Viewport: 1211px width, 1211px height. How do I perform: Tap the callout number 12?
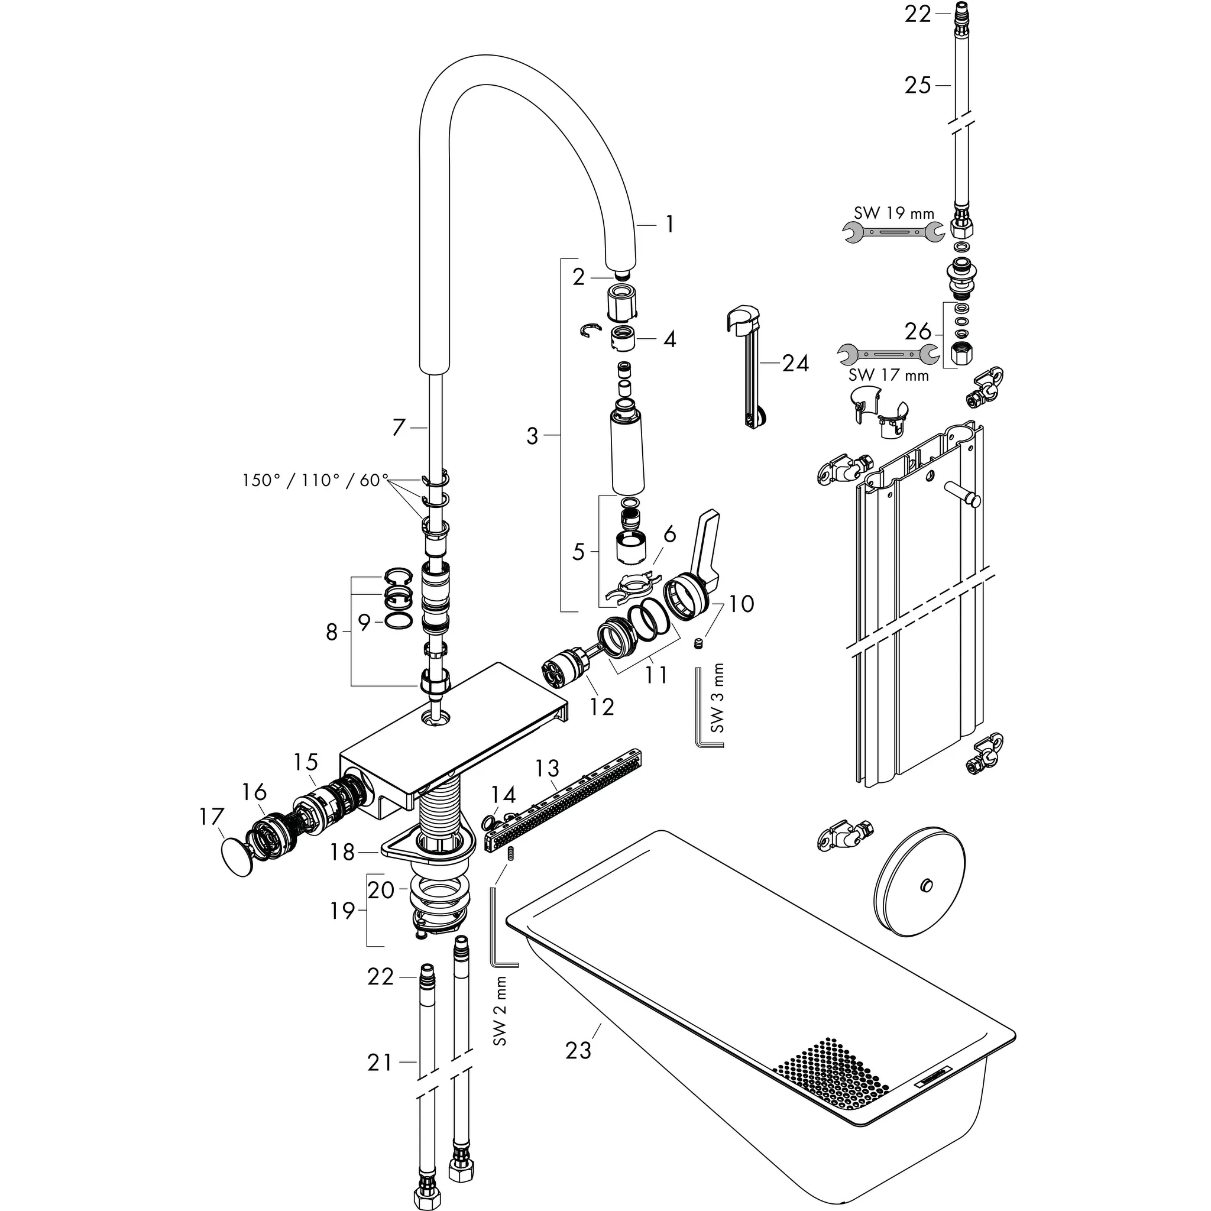pyautogui.click(x=601, y=707)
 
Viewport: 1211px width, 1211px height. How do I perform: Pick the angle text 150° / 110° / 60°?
pyautogui.click(x=315, y=480)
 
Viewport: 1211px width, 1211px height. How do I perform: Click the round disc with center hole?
pyautogui.click(x=919, y=885)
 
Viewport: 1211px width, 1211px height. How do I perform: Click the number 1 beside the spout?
pyautogui.click(x=669, y=224)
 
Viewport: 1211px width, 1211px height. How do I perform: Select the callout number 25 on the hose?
pyautogui.click(x=917, y=85)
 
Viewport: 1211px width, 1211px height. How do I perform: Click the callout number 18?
pyautogui.click(x=343, y=852)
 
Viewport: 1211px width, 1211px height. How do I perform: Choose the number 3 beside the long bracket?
pyautogui.click(x=532, y=435)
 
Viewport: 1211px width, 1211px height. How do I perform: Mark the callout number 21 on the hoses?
pyautogui.click(x=380, y=1062)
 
